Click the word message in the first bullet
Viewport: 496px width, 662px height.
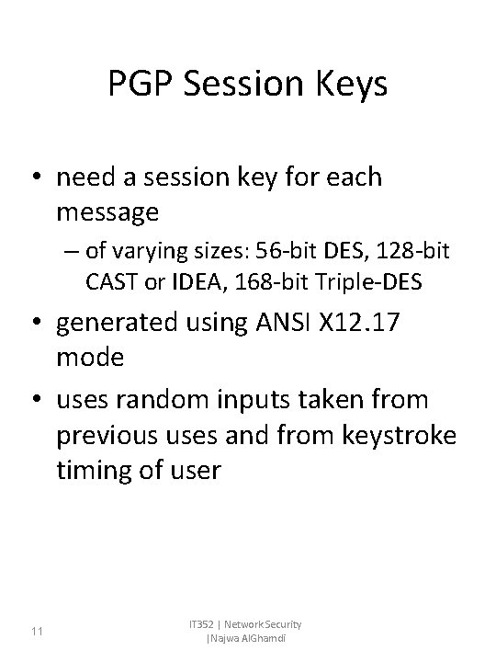point(107,212)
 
